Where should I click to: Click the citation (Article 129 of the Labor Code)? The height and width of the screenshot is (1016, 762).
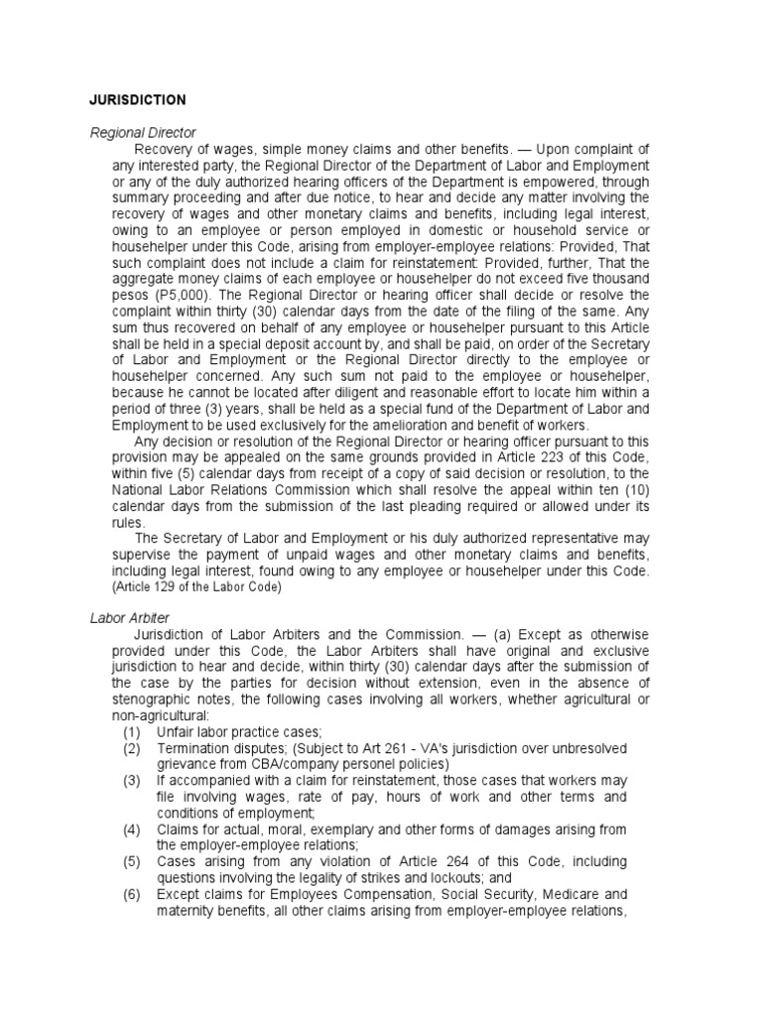[x=196, y=586]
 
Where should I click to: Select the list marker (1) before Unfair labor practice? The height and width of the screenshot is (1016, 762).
[x=132, y=731]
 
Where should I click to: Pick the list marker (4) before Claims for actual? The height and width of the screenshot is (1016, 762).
[x=132, y=828]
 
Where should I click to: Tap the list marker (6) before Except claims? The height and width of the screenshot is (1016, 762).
[x=132, y=893]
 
